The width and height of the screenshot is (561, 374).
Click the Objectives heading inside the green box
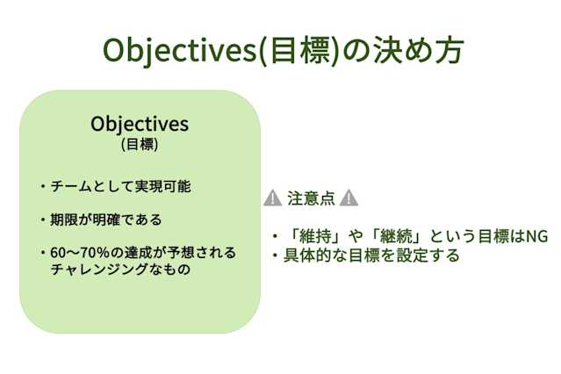(x=140, y=123)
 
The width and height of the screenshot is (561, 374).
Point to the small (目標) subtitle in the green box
(x=140, y=143)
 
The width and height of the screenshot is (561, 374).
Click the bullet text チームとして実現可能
(x=120, y=186)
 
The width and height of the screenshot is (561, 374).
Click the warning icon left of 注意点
(x=272, y=198)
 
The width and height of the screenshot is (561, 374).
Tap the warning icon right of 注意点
(x=349, y=198)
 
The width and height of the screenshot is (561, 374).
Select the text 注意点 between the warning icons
(x=311, y=198)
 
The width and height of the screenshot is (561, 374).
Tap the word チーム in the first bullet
(x=69, y=186)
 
